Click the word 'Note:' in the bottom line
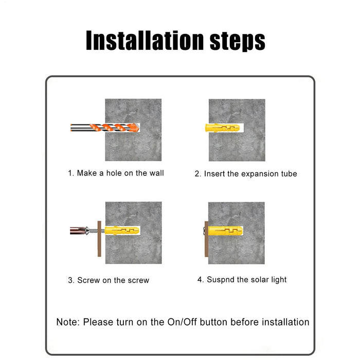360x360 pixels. (68, 322)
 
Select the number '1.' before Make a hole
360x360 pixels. (71, 173)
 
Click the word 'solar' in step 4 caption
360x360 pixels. (256, 280)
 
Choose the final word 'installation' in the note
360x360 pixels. (285, 322)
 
